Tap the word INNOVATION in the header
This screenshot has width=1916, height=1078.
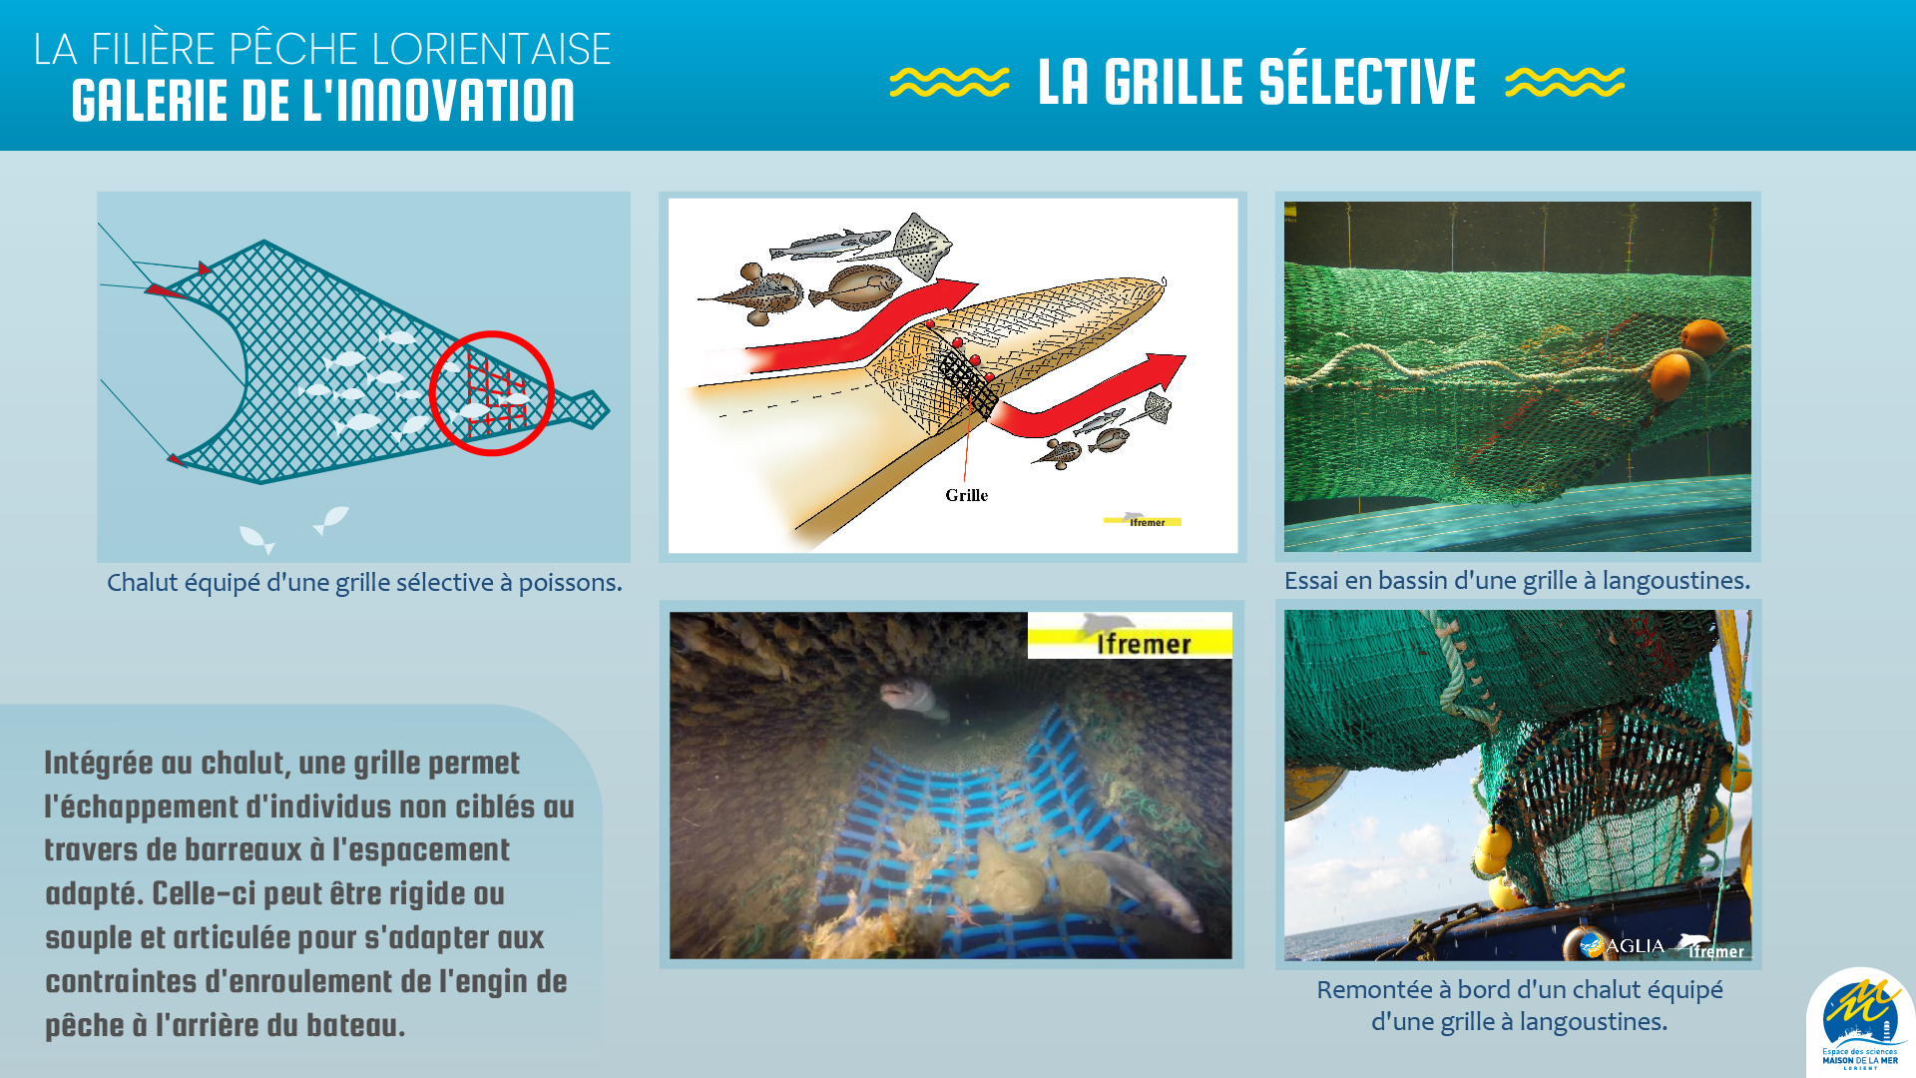438,101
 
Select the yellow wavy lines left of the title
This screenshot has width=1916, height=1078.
949,82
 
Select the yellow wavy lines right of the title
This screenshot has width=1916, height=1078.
1565,82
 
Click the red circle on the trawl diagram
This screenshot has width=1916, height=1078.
431,393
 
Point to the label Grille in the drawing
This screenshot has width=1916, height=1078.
966,495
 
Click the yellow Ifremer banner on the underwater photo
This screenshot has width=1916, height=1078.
1130,636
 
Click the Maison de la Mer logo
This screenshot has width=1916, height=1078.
1860,1023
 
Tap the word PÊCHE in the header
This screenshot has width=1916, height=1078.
292,49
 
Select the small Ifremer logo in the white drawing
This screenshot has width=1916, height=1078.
1143,520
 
